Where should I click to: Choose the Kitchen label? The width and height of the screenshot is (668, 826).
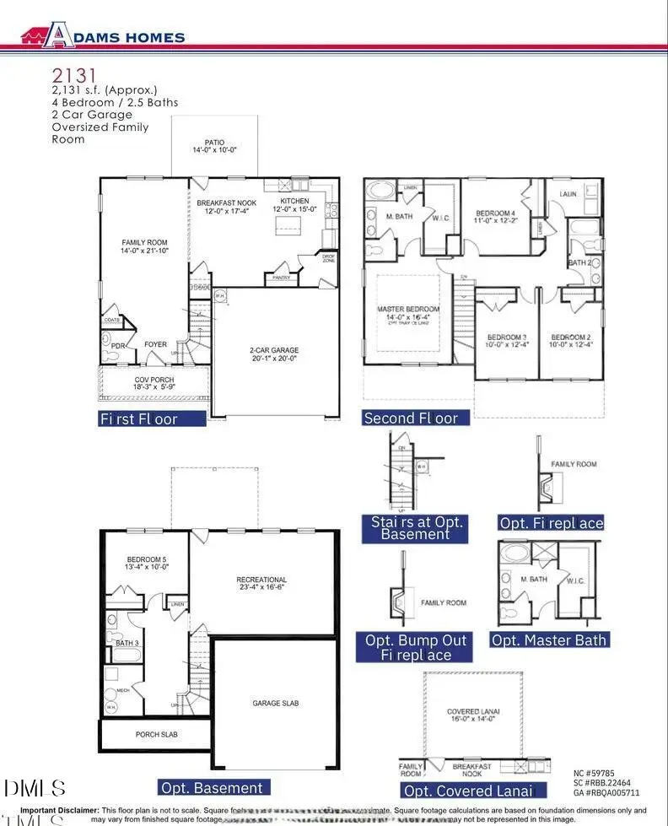(294, 202)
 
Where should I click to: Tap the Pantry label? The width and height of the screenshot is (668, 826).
(278, 277)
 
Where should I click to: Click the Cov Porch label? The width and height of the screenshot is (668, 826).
(154, 381)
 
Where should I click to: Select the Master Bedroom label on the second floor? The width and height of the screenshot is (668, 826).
(407, 310)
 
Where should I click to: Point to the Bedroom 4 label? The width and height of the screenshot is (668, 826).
(495, 213)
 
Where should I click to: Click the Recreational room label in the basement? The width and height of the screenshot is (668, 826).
(261, 580)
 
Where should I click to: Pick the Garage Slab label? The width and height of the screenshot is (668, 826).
(275, 703)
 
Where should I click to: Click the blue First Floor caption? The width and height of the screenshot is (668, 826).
(152, 418)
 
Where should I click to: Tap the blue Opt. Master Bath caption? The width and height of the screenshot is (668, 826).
(550, 640)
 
